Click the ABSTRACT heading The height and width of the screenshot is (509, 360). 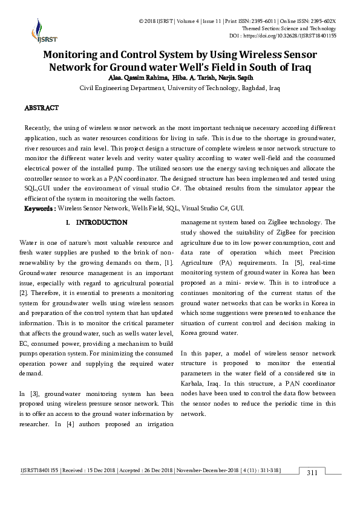[x=41, y=108]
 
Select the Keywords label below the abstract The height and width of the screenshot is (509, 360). [x=39, y=208]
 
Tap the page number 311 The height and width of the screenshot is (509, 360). [x=313, y=472]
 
